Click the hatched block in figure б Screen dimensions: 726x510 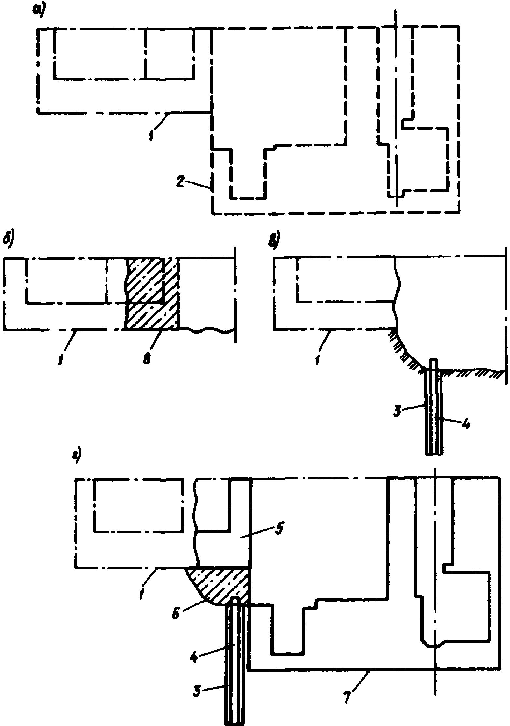tap(151, 293)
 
